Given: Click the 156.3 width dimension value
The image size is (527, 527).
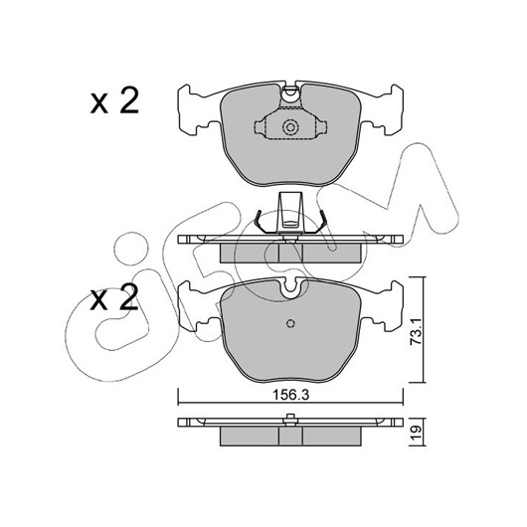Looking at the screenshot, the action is click(290, 396).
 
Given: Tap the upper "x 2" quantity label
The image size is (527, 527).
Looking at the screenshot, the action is click(114, 100).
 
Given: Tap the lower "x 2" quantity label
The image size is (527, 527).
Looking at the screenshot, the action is click(114, 297).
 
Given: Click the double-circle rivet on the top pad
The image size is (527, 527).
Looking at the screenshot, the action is click(290, 127).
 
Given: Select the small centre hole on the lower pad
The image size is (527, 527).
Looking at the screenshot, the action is click(290, 323).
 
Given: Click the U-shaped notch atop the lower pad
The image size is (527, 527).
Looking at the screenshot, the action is click(290, 289).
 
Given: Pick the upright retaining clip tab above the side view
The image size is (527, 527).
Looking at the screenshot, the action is click(290, 213).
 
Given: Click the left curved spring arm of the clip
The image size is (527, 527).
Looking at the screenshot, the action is click(262, 222).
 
